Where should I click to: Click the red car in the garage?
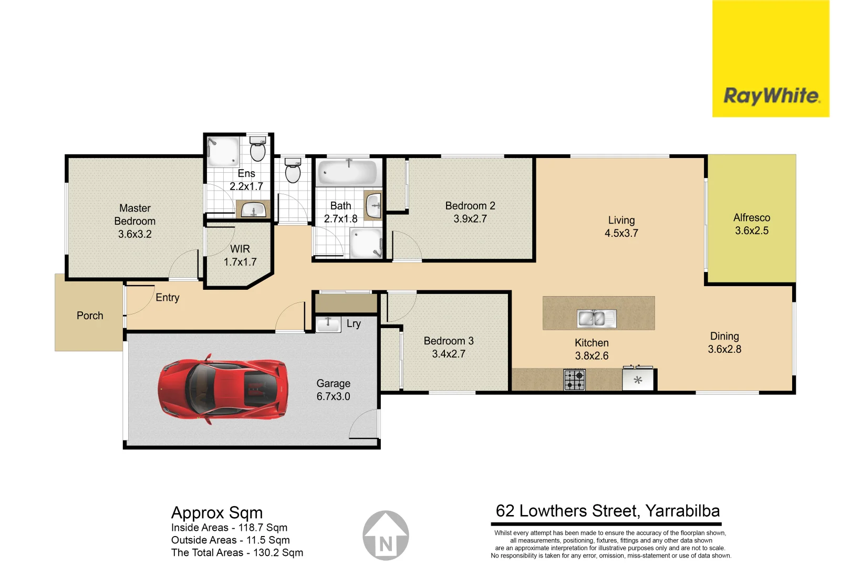tap(223, 389)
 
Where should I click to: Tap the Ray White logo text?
tap(771, 96)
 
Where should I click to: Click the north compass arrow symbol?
tap(386, 536)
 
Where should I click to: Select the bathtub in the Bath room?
tap(347, 172)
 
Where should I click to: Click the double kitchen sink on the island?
tap(597, 318)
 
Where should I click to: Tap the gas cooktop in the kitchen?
tap(574, 380)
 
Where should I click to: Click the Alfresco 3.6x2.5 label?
tap(751, 224)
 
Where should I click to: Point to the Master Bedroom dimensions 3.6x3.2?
tap(134, 234)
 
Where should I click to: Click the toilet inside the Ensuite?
tap(257, 149)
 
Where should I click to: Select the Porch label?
tap(90, 316)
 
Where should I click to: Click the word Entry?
tap(168, 298)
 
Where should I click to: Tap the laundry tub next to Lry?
tap(328, 323)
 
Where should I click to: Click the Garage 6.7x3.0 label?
tap(333, 390)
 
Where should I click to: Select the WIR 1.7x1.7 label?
tap(240, 255)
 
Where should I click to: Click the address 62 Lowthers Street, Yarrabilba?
tap(607, 511)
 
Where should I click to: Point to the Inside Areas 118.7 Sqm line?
tap(229, 528)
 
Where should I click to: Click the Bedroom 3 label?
tap(449, 341)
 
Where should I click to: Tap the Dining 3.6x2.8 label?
tap(724, 343)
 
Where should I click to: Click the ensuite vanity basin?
tap(254, 210)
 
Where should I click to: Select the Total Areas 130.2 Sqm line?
tap(237, 553)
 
